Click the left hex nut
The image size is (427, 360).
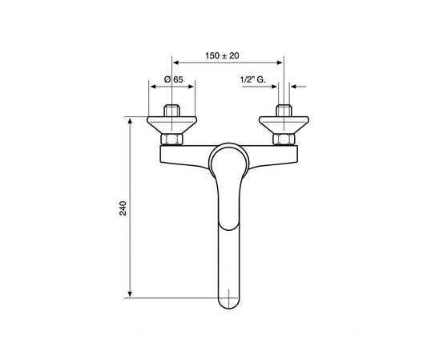click(171, 141)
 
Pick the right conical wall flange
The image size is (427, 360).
click(281, 125)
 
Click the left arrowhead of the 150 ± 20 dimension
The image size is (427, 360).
click(175, 63)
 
